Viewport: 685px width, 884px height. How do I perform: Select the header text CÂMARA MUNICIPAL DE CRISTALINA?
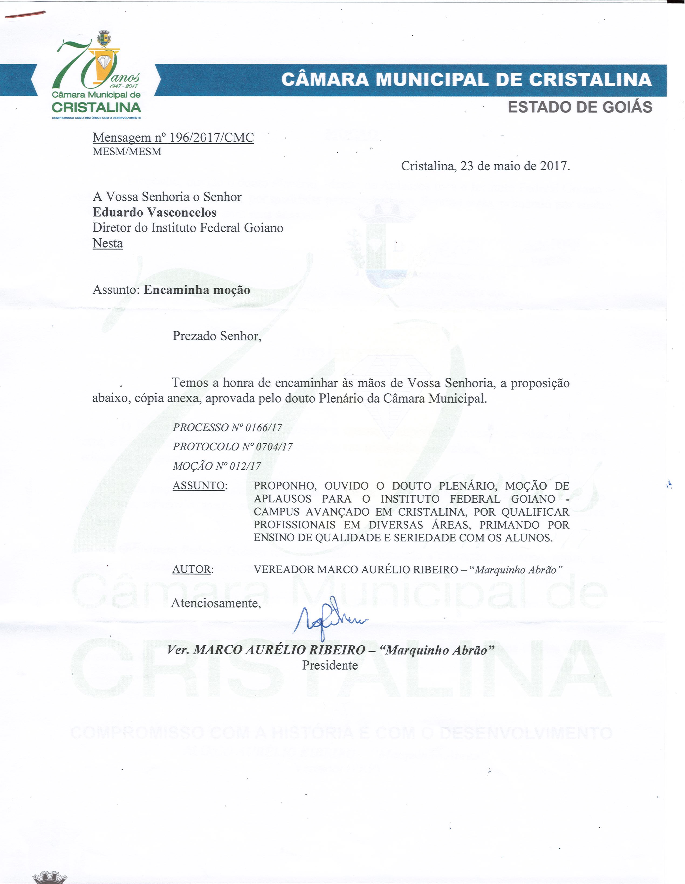466,80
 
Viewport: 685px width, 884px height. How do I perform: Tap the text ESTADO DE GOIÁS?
580,107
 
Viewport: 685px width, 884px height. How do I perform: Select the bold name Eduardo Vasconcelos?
154,212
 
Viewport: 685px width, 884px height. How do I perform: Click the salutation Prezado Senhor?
217,336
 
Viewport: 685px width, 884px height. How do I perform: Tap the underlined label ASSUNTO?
198,485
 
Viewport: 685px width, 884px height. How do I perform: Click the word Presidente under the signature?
330,665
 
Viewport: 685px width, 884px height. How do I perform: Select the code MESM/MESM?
127,152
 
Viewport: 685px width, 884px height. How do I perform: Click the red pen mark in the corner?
24,15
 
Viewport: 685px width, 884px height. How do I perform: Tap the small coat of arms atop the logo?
104,39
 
